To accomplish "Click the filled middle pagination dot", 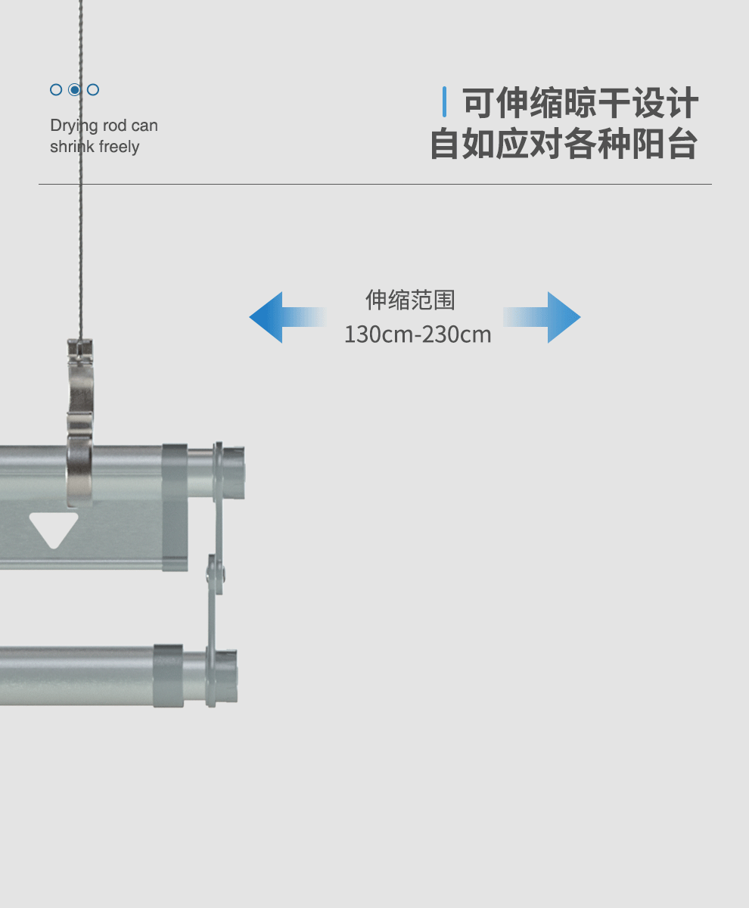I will tap(74, 90).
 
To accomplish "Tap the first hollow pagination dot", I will tap(56, 90).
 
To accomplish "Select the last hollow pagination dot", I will tap(93, 90).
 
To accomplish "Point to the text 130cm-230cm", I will tap(418, 334).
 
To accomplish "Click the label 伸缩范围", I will tap(411, 300).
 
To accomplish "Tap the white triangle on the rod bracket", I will tap(54, 528).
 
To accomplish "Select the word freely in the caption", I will tap(119, 147).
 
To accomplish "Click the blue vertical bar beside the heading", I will tap(444, 102).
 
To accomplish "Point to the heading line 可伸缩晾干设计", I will tap(580, 104).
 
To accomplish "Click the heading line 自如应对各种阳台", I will tap(564, 145).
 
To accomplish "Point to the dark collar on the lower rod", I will tap(168, 676).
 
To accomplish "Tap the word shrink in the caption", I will tap(73, 147).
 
